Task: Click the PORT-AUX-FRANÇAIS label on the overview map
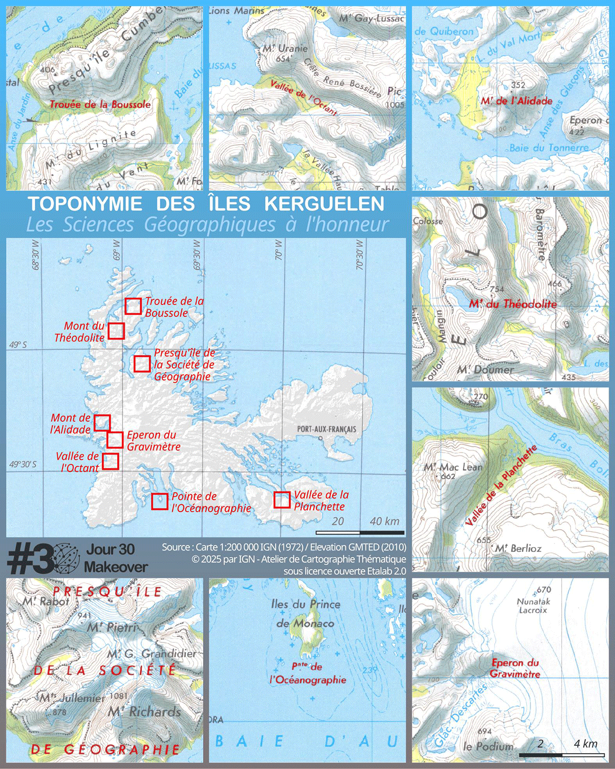[x=326, y=429]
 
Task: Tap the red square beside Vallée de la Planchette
[x=282, y=500]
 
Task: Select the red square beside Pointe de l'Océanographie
[x=160, y=501]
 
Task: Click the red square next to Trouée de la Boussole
[x=133, y=306]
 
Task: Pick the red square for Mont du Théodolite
[x=116, y=331]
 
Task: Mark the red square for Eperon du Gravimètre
[x=115, y=440]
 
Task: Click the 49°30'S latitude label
[x=23, y=464]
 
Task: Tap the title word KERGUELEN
[x=324, y=204]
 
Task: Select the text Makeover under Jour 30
[x=116, y=567]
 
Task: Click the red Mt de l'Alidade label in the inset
[x=517, y=101]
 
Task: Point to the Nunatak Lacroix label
[x=533, y=606]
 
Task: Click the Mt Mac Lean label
[x=453, y=467]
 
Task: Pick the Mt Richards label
[x=145, y=712]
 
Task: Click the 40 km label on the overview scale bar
[x=384, y=521]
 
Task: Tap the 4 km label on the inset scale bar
[x=585, y=744]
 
